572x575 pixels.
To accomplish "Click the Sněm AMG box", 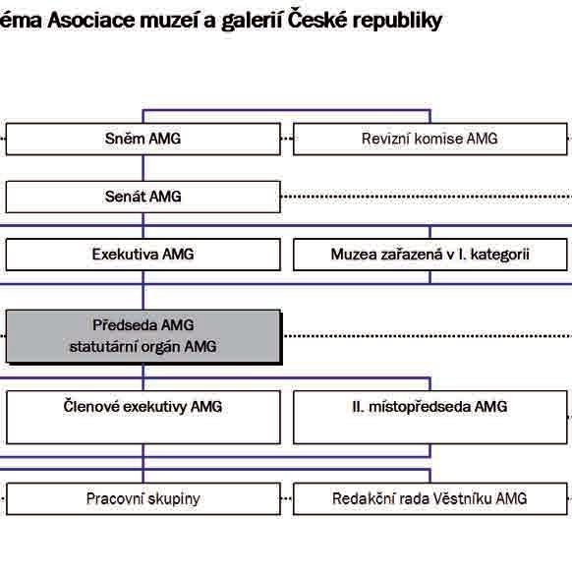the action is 143,139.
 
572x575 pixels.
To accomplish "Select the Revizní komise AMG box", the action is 430,139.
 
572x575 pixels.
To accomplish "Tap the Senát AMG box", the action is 143,197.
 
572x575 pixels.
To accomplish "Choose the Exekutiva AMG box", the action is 143,255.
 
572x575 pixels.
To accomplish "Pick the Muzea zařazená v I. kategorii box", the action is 430,255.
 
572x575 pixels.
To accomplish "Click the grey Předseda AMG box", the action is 143,336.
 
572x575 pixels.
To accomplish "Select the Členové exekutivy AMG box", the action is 143,418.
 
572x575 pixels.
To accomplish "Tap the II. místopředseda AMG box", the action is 430,418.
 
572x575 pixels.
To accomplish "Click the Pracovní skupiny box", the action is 143,498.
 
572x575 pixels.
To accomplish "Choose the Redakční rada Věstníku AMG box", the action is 430,498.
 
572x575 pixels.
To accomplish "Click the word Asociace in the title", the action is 91,21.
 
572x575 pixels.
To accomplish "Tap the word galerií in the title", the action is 252,22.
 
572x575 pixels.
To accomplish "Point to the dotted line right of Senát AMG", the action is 427,197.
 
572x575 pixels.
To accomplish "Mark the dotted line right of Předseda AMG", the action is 428,336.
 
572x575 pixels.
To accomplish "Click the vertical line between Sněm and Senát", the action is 143,168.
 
